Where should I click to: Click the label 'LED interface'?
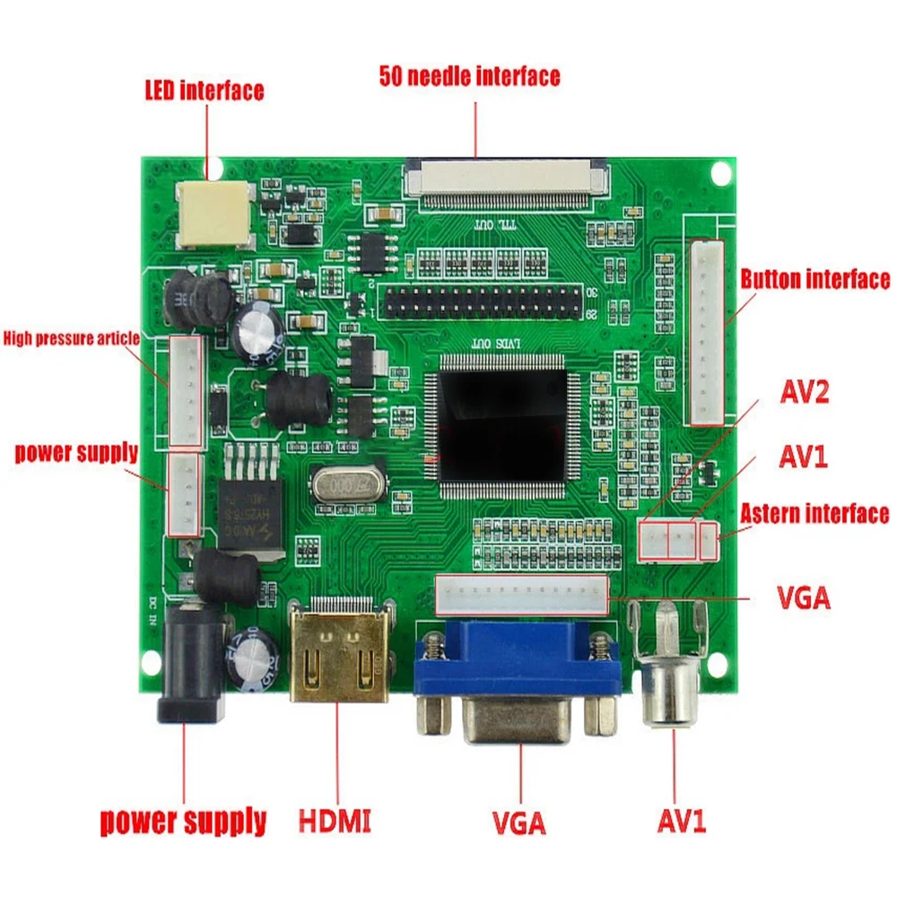point(205,91)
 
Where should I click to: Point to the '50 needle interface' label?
point(469,76)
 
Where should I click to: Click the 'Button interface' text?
point(814,279)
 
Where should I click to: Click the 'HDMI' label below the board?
point(335,820)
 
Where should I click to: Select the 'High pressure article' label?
point(71,338)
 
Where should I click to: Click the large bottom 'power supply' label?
point(183,820)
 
